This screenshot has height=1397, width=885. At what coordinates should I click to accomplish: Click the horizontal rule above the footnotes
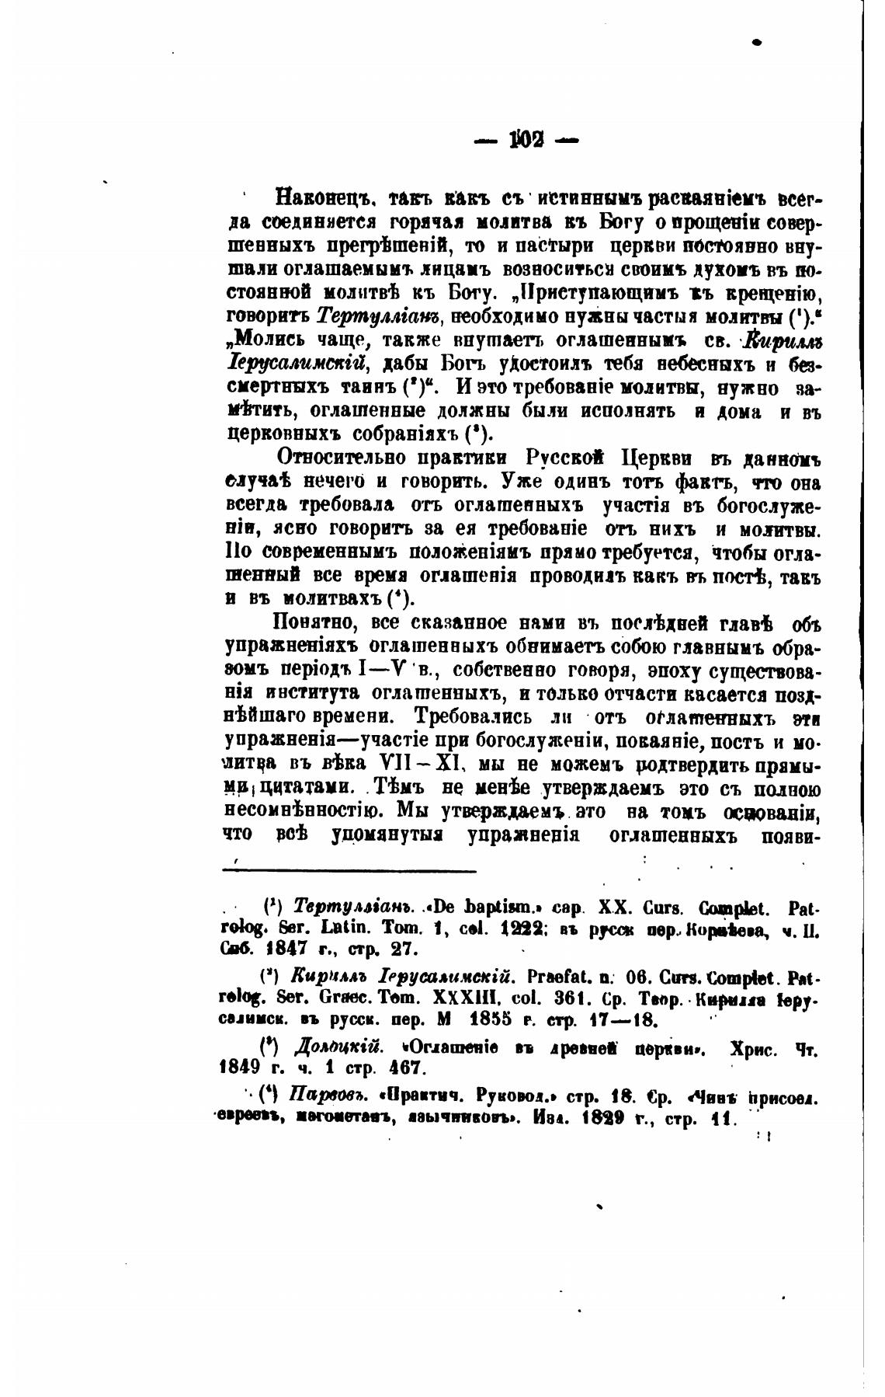349,871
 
